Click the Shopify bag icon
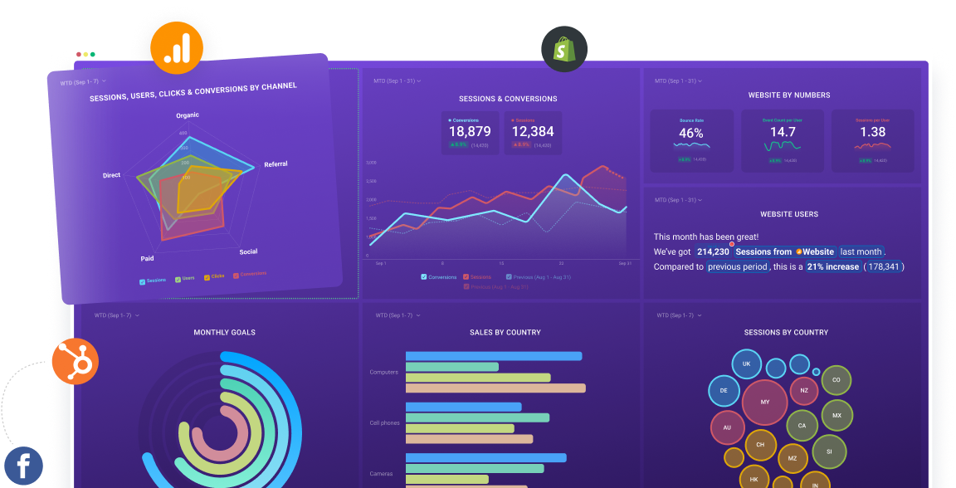(564, 49)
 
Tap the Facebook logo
(23, 466)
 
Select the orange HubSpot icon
(76, 362)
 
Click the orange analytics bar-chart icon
(177, 48)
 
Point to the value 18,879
(470, 131)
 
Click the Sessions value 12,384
(532, 131)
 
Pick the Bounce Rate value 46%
(690, 133)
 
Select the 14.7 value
(782, 132)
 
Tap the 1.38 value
(872, 132)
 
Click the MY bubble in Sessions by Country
(764, 403)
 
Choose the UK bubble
(746, 364)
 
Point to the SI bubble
(828, 451)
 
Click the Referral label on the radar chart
(276, 164)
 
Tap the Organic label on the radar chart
(187, 115)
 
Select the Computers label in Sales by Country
(383, 372)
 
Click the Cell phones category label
(384, 422)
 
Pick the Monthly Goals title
(224, 333)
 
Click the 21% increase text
(831, 266)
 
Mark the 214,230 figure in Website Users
(713, 251)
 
